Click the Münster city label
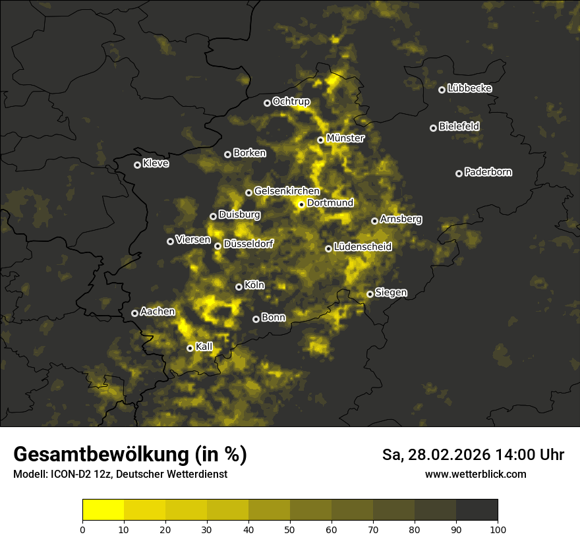[x=345, y=138]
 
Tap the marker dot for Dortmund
[x=301, y=204]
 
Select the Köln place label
[x=254, y=285]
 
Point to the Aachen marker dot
[x=134, y=313]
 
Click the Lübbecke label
[x=469, y=88]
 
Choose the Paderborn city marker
[x=459, y=173]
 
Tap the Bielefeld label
[x=459, y=126]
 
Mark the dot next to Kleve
[x=137, y=165]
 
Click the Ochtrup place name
[x=291, y=101]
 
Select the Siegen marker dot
[x=370, y=294]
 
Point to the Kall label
[x=204, y=347]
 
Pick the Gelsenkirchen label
[x=287, y=191]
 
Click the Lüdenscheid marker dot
[x=328, y=248]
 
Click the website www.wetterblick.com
[x=475, y=474]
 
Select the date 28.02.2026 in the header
[x=444, y=455]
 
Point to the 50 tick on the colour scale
[x=290, y=529]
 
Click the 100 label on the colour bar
[x=498, y=529]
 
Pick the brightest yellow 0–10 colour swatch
[x=103, y=509]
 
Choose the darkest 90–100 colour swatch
[x=477, y=509]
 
